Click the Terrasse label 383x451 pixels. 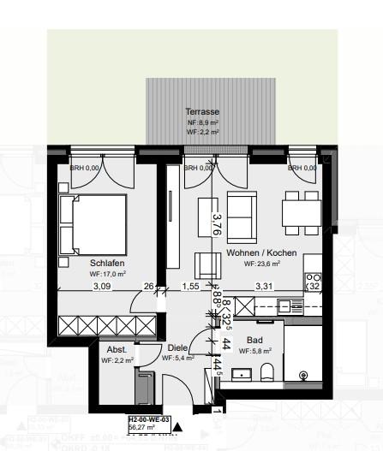pyautogui.click(x=203, y=112)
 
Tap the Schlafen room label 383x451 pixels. pyautogui.click(x=108, y=264)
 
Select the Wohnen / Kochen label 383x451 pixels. pyautogui.click(x=261, y=253)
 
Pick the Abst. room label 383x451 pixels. pyautogui.click(x=117, y=350)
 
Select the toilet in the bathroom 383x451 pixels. pyautogui.click(x=266, y=371)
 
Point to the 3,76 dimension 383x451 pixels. pyautogui.click(x=217, y=224)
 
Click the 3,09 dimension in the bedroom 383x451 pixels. pyautogui.click(x=102, y=286)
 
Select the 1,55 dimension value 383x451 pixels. pyautogui.click(x=190, y=286)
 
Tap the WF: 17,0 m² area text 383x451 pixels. pyautogui.click(x=108, y=274)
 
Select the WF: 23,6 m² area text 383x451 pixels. pyautogui.click(x=262, y=264)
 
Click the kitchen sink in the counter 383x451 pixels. pyautogui.click(x=296, y=305)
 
